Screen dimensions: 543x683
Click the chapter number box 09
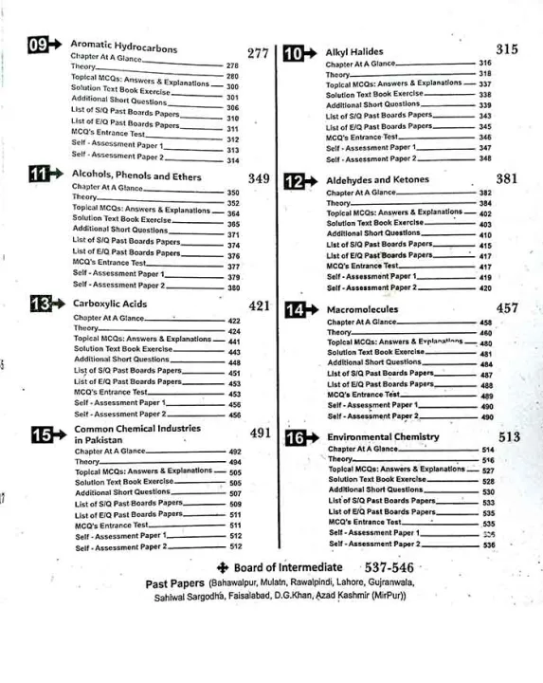point(41,44)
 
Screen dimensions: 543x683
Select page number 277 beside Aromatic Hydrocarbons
point(258,53)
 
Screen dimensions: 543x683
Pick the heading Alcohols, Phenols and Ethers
point(136,175)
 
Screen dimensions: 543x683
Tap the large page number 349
point(259,178)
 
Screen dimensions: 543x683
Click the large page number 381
point(507,178)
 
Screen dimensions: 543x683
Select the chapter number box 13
point(41,304)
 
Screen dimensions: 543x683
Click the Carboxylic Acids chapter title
point(110,305)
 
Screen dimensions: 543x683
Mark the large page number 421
point(260,306)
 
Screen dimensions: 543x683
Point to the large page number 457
point(507,308)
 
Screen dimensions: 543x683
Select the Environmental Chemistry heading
point(383,436)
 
